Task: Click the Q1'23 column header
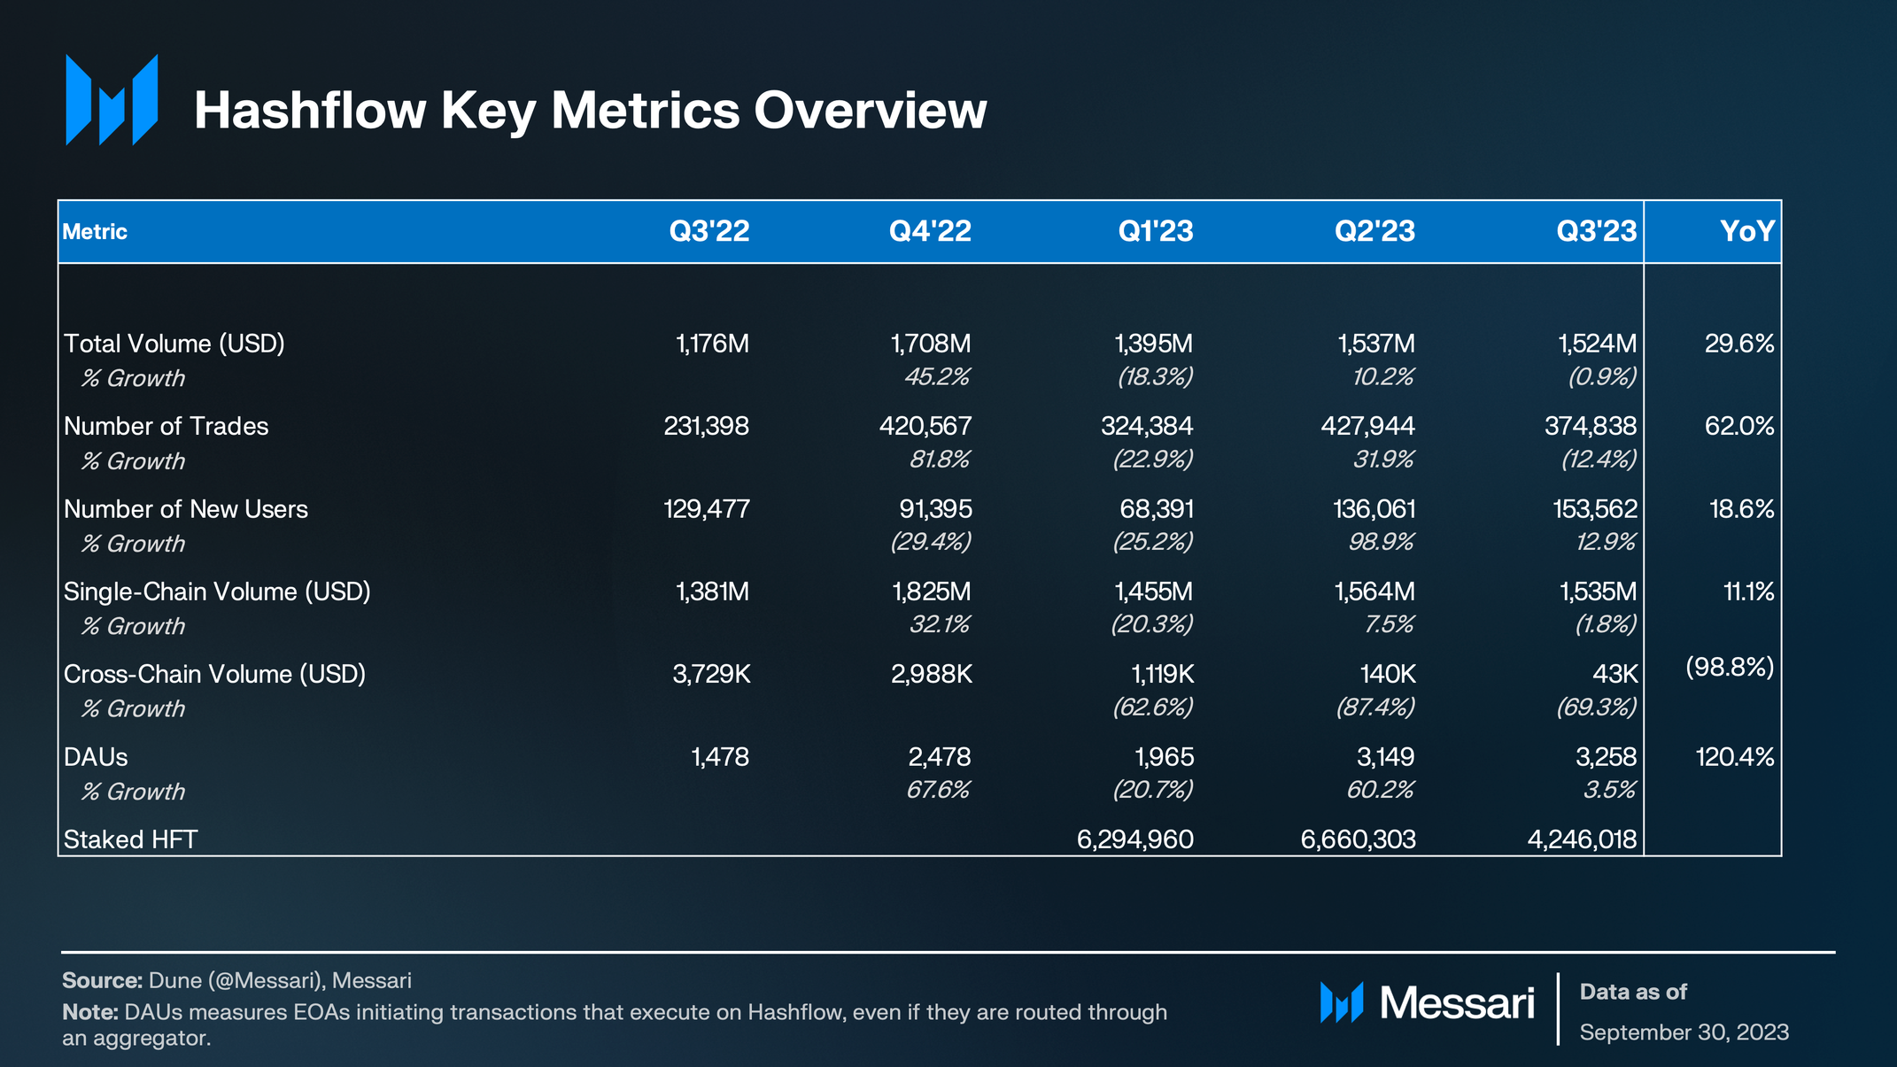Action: point(1155,231)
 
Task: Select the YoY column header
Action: point(1746,231)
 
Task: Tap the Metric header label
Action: point(95,232)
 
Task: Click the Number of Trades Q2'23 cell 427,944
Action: point(1367,426)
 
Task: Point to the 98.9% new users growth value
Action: point(1381,541)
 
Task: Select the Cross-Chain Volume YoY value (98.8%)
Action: point(1729,667)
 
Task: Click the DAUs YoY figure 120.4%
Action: point(1734,757)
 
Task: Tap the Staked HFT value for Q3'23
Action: point(1582,839)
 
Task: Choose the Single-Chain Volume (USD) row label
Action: point(217,591)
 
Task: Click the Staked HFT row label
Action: point(131,839)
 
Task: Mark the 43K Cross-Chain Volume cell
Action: point(1614,674)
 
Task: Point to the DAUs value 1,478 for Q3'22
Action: point(719,757)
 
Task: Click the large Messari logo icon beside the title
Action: point(112,100)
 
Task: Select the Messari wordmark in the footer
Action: point(1456,1003)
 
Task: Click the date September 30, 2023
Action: point(1684,1032)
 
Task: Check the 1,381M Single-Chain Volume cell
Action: point(712,591)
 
